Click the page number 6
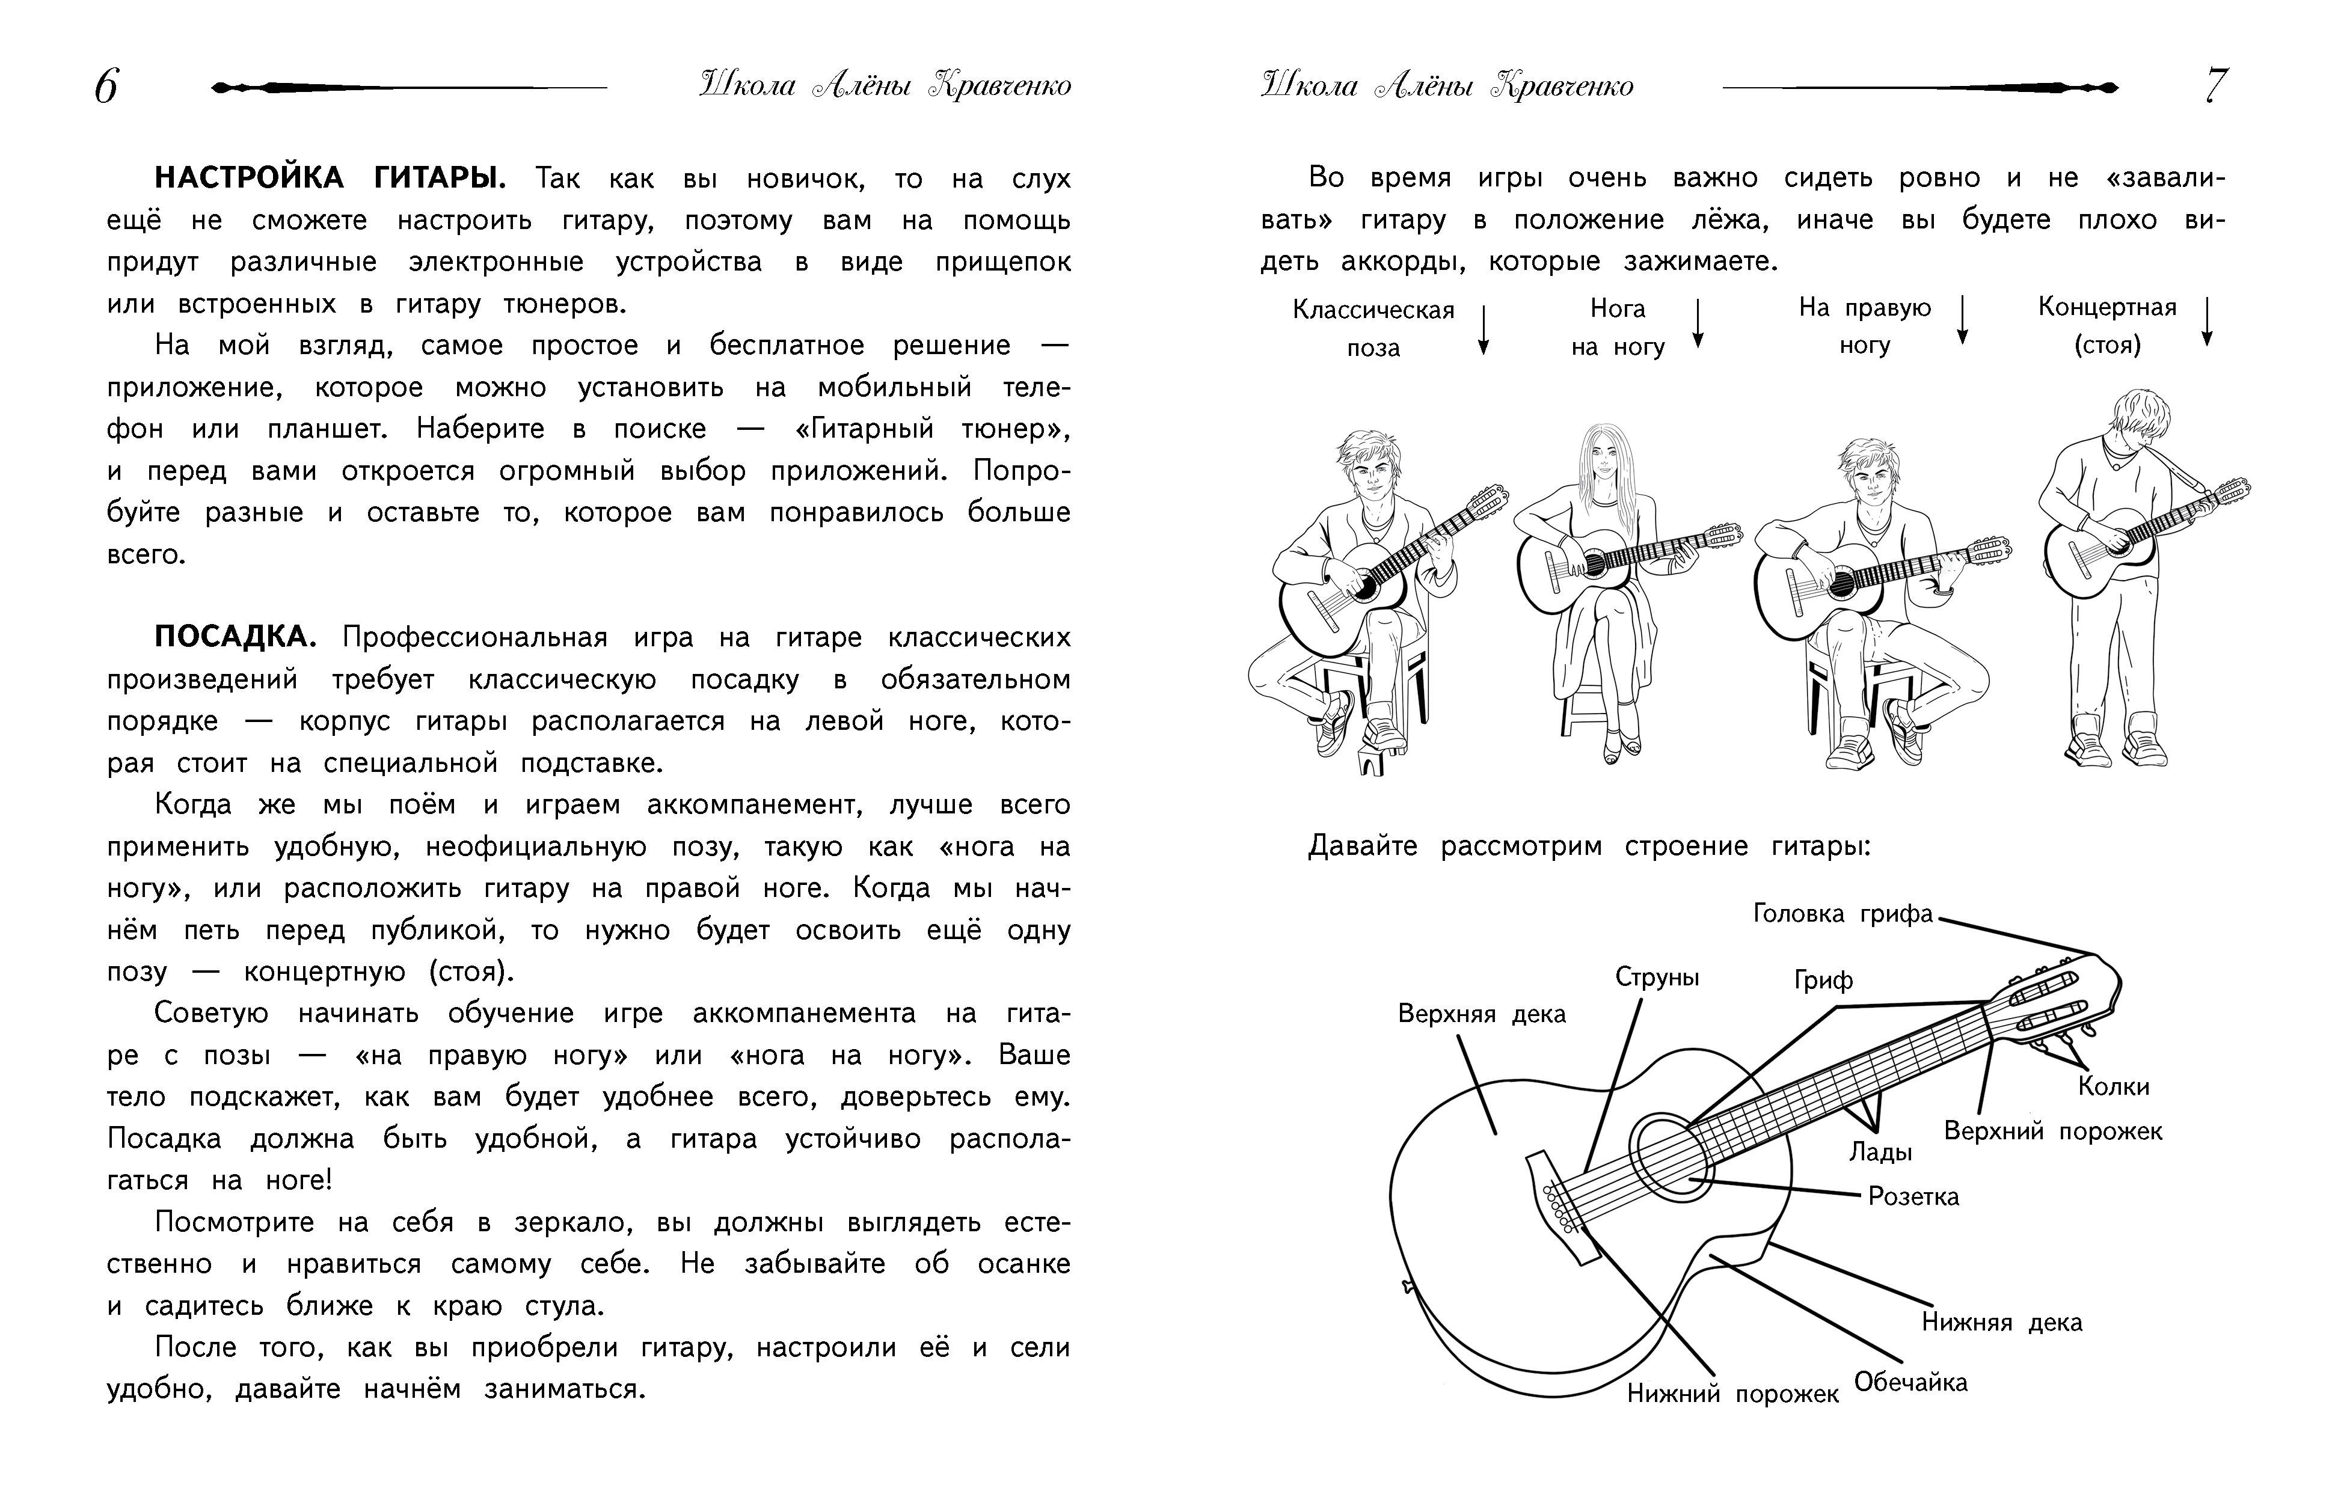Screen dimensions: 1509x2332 106,87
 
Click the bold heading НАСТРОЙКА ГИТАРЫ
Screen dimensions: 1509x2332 330,179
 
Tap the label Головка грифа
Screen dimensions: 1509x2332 1842,914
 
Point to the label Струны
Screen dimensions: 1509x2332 1657,977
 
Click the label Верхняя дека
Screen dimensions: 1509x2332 1482,1013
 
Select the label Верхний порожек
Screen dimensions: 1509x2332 2053,1131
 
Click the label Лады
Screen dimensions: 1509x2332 1880,1152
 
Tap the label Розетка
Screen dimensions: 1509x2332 1913,1196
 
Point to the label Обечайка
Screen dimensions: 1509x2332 1910,1383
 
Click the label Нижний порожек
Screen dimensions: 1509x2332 1732,1394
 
